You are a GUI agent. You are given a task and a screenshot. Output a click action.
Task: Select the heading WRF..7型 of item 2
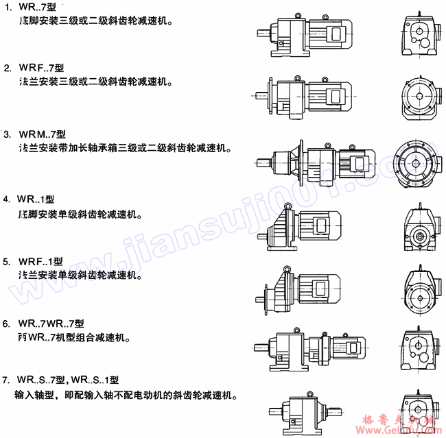pyautogui.click(x=42, y=69)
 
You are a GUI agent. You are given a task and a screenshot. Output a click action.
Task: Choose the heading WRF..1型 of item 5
pyautogui.click(x=40, y=262)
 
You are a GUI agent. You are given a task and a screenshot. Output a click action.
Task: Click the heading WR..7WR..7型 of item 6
pyautogui.click(x=51, y=324)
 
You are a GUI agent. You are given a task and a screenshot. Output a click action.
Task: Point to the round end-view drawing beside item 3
pyautogui.click(x=417, y=160)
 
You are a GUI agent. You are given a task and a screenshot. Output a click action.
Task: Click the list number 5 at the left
pyautogui.click(x=6, y=262)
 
